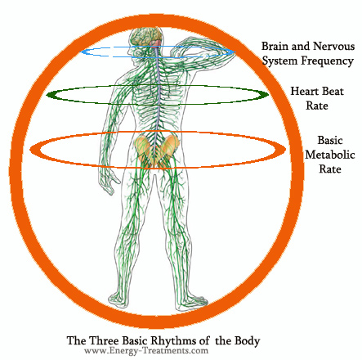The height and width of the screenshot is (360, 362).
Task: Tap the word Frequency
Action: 327,61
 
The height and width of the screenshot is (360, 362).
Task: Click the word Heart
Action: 304,91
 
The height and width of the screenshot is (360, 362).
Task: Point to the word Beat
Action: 333,91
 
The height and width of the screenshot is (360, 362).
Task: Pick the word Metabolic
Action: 330,155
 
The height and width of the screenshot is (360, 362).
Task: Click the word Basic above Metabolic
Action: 330,141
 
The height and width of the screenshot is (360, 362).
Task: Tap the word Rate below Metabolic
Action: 330,169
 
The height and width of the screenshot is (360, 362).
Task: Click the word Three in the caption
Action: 104,341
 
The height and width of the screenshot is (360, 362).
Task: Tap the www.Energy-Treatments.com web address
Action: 146,350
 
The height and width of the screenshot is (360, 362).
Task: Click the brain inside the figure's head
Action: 147,38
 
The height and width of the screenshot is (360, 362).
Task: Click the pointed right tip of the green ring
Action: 269,95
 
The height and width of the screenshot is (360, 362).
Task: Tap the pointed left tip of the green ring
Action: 47,95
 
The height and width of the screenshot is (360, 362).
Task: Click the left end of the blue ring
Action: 80,52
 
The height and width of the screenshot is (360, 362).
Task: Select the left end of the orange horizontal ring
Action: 30,150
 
